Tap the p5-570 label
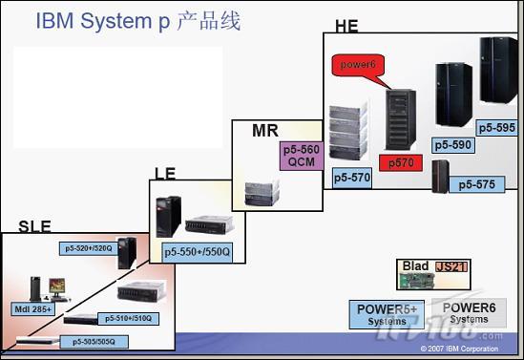(351, 178)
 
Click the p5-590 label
(452, 145)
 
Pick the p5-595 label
(496, 127)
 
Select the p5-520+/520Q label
(89, 248)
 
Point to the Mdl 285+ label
(32, 309)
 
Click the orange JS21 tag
(451, 266)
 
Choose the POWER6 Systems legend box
(469, 313)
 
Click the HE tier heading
(346, 26)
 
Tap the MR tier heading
(264, 130)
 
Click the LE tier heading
(165, 173)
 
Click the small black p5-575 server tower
(440, 177)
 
